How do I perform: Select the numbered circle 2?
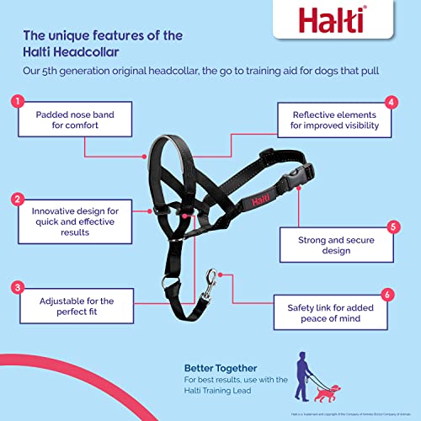[16, 200]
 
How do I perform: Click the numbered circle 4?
[391, 103]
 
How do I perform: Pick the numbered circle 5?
[391, 226]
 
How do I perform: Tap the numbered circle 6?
[386, 295]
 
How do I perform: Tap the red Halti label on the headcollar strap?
[258, 202]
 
